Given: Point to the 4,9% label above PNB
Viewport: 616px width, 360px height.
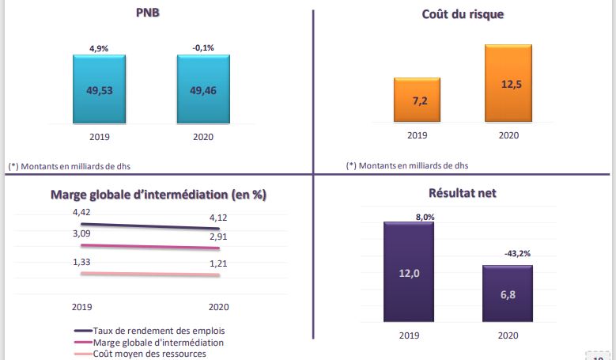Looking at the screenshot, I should pyautogui.click(x=99, y=48).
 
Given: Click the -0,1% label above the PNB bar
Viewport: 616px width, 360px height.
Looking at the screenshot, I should pyautogui.click(x=203, y=48).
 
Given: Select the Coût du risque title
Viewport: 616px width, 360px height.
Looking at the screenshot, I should pyautogui.click(x=463, y=14).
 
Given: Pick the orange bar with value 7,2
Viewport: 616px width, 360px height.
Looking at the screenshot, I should pyautogui.click(x=417, y=100).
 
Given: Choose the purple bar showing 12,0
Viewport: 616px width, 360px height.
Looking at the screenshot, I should pyautogui.click(x=409, y=272).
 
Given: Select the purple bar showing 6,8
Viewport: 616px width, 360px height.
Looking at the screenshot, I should pyautogui.click(x=508, y=294).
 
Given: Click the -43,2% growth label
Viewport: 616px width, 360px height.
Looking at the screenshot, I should pyautogui.click(x=516, y=253).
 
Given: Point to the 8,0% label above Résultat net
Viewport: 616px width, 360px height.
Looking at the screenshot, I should pyautogui.click(x=425, y=215).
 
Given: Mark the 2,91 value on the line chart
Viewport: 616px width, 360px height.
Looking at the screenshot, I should pyautogui.click(x=219, y=236).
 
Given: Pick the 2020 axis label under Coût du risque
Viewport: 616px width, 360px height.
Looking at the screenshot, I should pyautogui.click(x=508, y=135).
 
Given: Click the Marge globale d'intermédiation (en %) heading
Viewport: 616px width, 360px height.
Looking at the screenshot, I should pyautogui.click(x=157, y=195).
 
